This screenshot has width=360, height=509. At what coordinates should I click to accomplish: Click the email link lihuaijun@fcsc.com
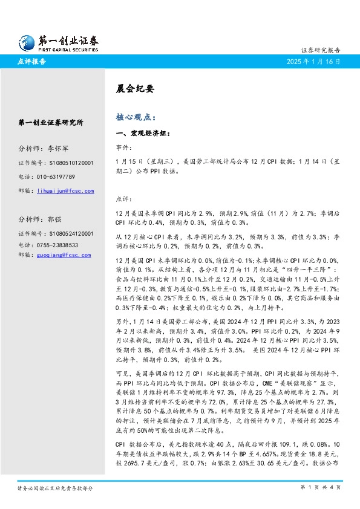coord(65,191)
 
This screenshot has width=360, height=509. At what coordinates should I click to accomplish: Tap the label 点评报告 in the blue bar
coord(30,62)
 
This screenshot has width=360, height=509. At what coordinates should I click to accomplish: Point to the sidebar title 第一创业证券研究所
coord(51,122)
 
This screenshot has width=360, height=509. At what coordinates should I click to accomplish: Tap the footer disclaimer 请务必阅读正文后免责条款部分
coord(54,487)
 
